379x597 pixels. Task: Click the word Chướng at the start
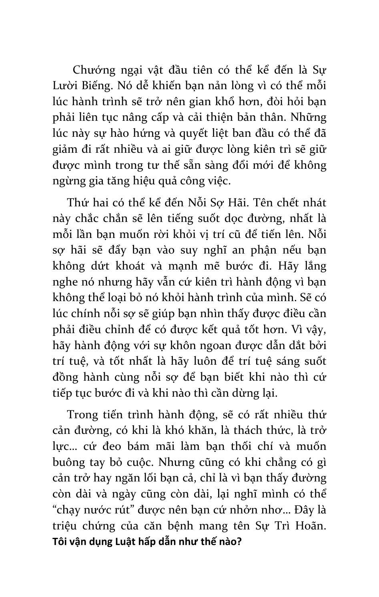pos(93,70)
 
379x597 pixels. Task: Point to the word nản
pos(206,86)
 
